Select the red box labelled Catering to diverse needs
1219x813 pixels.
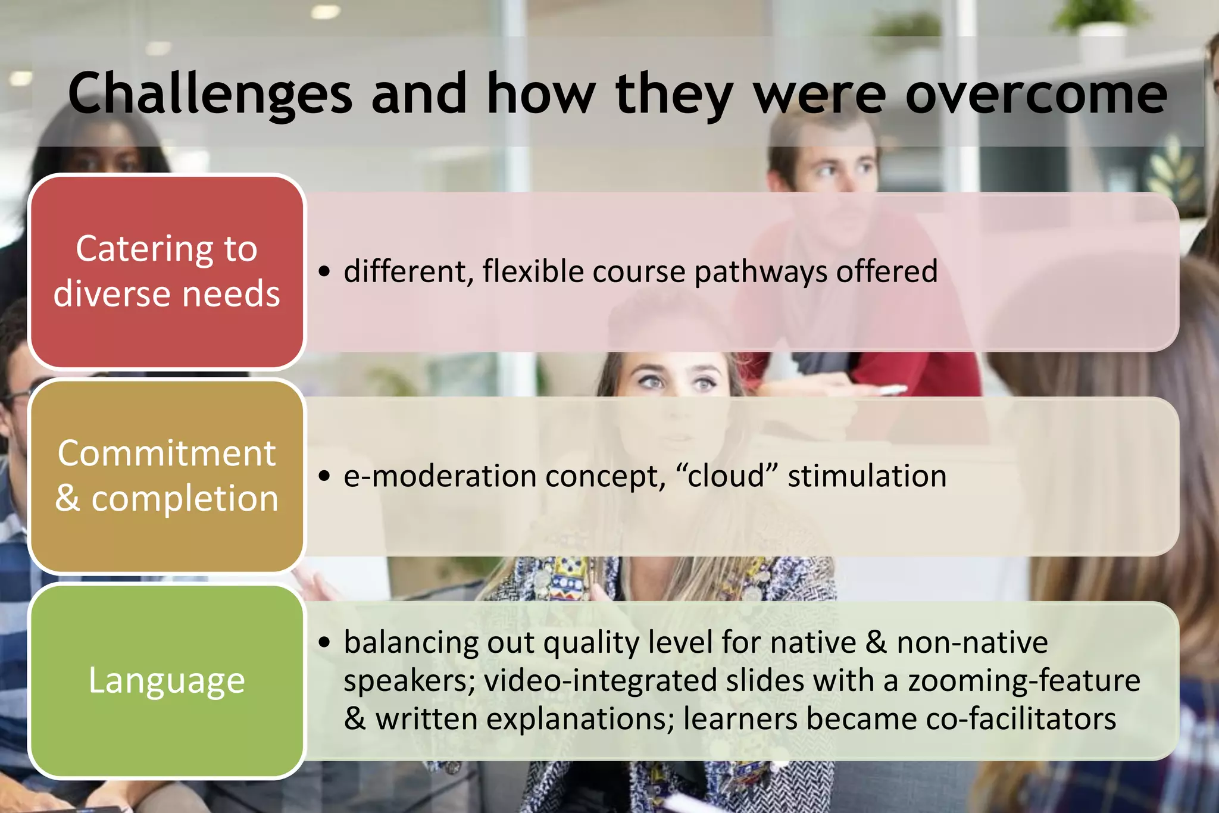(167, 271)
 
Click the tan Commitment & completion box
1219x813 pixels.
(167, 476)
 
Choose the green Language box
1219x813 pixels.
(167, 680)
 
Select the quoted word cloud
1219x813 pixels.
(726, 476)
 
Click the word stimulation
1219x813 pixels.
(867, 477)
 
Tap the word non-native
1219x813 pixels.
(972, 643)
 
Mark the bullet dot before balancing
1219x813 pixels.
(324, 643)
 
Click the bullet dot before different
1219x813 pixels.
(324, 272)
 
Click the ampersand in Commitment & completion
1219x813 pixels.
(68, 499)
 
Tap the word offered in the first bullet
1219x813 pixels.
(886, 271)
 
